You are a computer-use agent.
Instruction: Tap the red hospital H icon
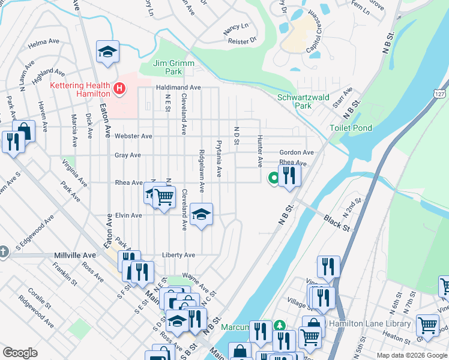coord(119,89)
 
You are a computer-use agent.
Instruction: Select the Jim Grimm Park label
coord(158,67)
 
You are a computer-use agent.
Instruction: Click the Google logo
coord(20,353)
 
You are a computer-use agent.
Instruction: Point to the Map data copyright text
coord(412,355)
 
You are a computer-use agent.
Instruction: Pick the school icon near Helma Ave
coord(107,52)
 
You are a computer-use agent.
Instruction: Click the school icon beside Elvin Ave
coord(202,214)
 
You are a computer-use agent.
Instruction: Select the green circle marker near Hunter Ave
coord(273,177)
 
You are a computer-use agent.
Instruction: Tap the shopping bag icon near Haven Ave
coord(23,130)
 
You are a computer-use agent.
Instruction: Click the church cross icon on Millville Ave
coord(3,251)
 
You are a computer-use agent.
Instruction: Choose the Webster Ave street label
coord(133,136)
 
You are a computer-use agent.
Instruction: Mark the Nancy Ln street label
coord(235,27)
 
